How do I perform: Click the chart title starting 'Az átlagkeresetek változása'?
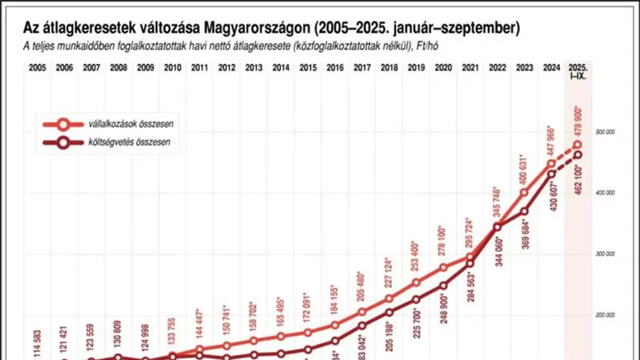(271, 28)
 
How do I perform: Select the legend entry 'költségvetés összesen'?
(129, 142)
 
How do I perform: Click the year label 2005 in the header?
(37, 67)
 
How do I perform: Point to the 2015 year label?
(308, 67)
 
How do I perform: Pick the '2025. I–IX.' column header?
(577, 71)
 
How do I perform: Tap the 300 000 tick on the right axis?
(605, 254)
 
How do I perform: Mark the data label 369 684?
(524, 234)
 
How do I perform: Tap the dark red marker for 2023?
(524, 211)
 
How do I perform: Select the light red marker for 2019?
(416, 283)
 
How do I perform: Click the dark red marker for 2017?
(362, 326)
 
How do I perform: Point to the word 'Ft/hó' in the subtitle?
(434, 46)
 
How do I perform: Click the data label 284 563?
(470, 287)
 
